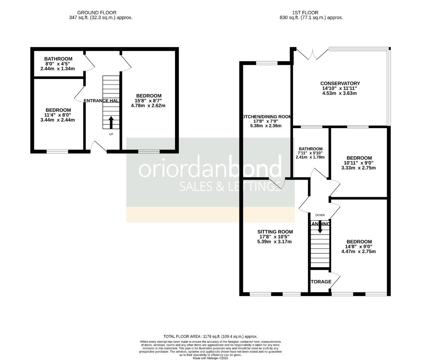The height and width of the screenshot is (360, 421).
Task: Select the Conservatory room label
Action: pos(340,83)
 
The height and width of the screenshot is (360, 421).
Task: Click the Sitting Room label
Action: pos(275,232)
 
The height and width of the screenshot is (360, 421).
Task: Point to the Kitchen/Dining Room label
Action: pos(266,117)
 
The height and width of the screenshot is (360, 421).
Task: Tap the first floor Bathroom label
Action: pos(311,149)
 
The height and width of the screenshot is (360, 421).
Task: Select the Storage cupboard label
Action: pos(320,282)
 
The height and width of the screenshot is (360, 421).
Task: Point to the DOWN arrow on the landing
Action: pos(320,226)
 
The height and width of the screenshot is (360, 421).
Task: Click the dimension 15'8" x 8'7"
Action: pos(148,101)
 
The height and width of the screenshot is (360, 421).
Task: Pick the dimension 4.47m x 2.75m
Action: pos(359,251)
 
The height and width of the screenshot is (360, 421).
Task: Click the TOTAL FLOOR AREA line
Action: pos(210,337)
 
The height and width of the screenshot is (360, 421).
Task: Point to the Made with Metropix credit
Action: pos(210,358)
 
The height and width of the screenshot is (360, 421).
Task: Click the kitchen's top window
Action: pos(266,63)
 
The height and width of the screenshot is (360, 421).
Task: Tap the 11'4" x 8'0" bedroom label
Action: pos(58,110)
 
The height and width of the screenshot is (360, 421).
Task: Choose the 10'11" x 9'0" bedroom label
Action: pos(359,158)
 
